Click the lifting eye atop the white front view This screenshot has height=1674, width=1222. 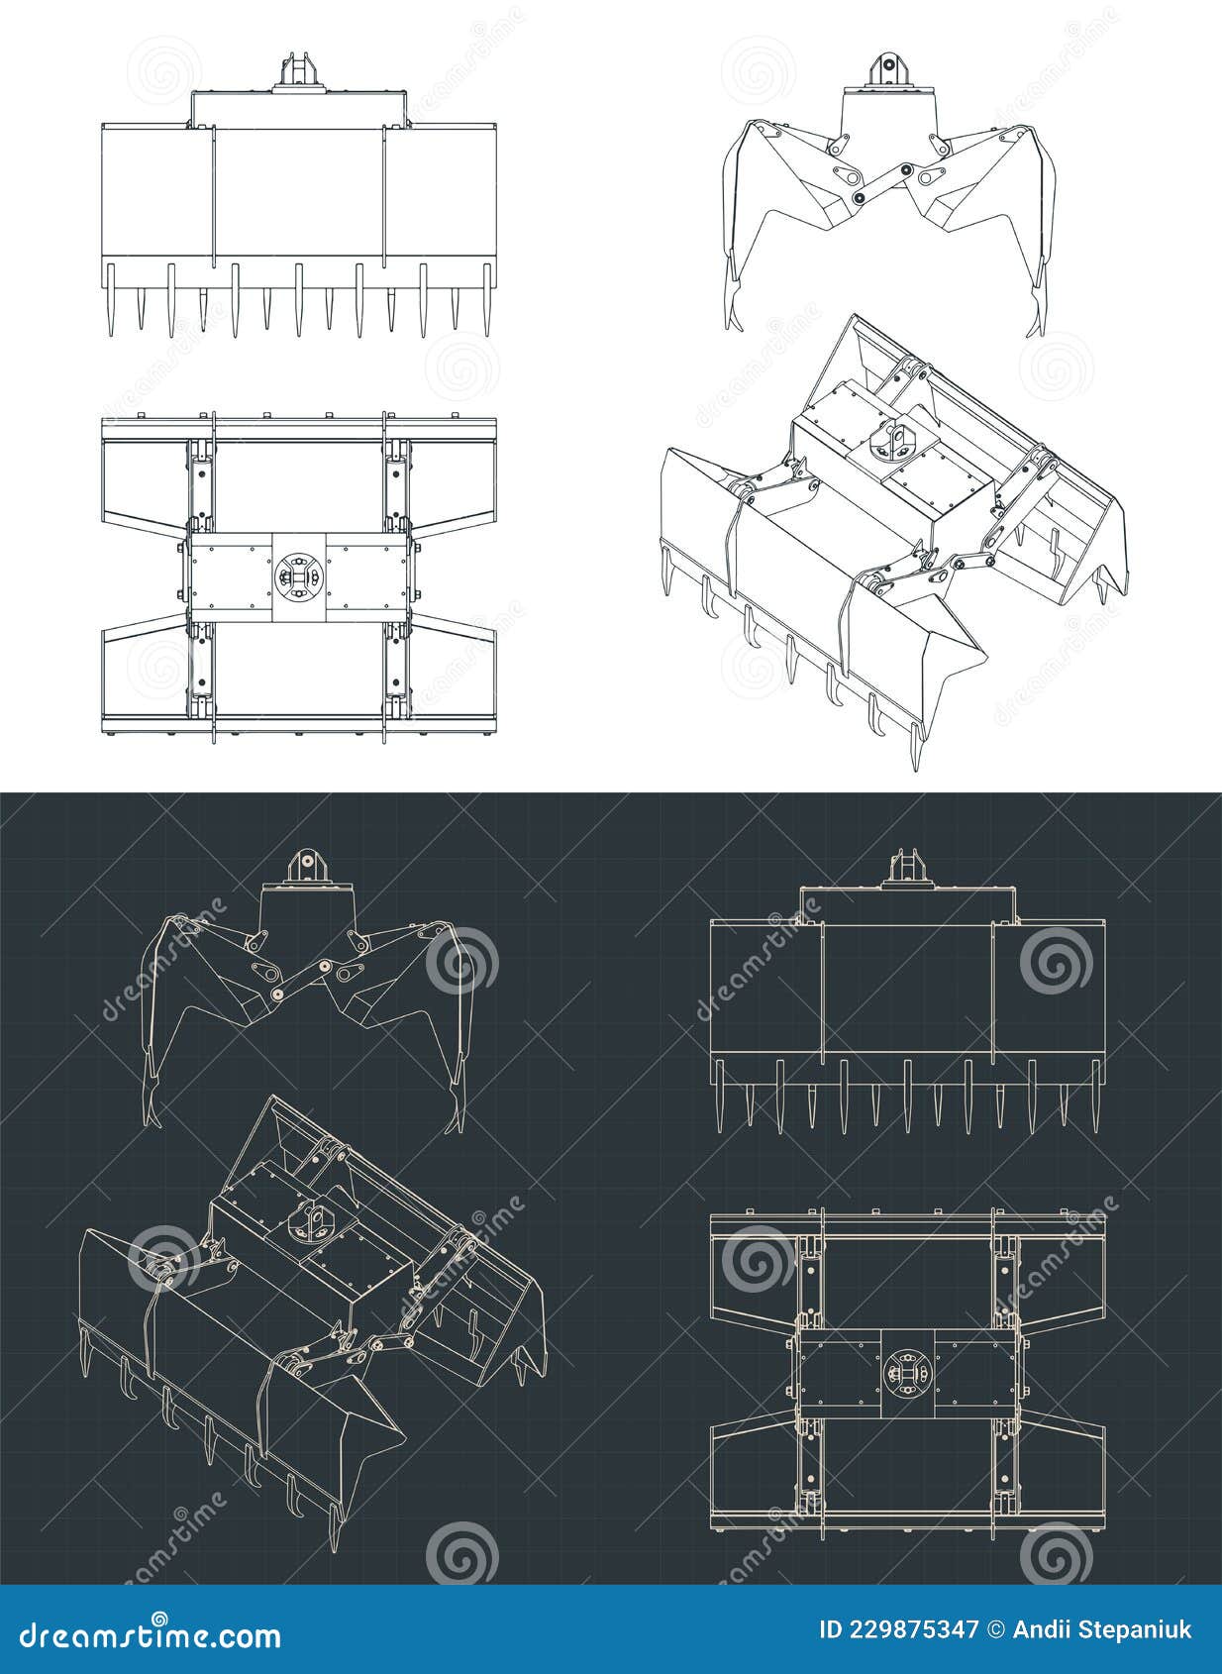[299, 72]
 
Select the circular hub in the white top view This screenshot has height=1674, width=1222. [298, 576]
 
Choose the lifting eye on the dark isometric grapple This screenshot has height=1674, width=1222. [315, 1220]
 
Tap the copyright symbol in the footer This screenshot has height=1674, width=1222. [998, 1630]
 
